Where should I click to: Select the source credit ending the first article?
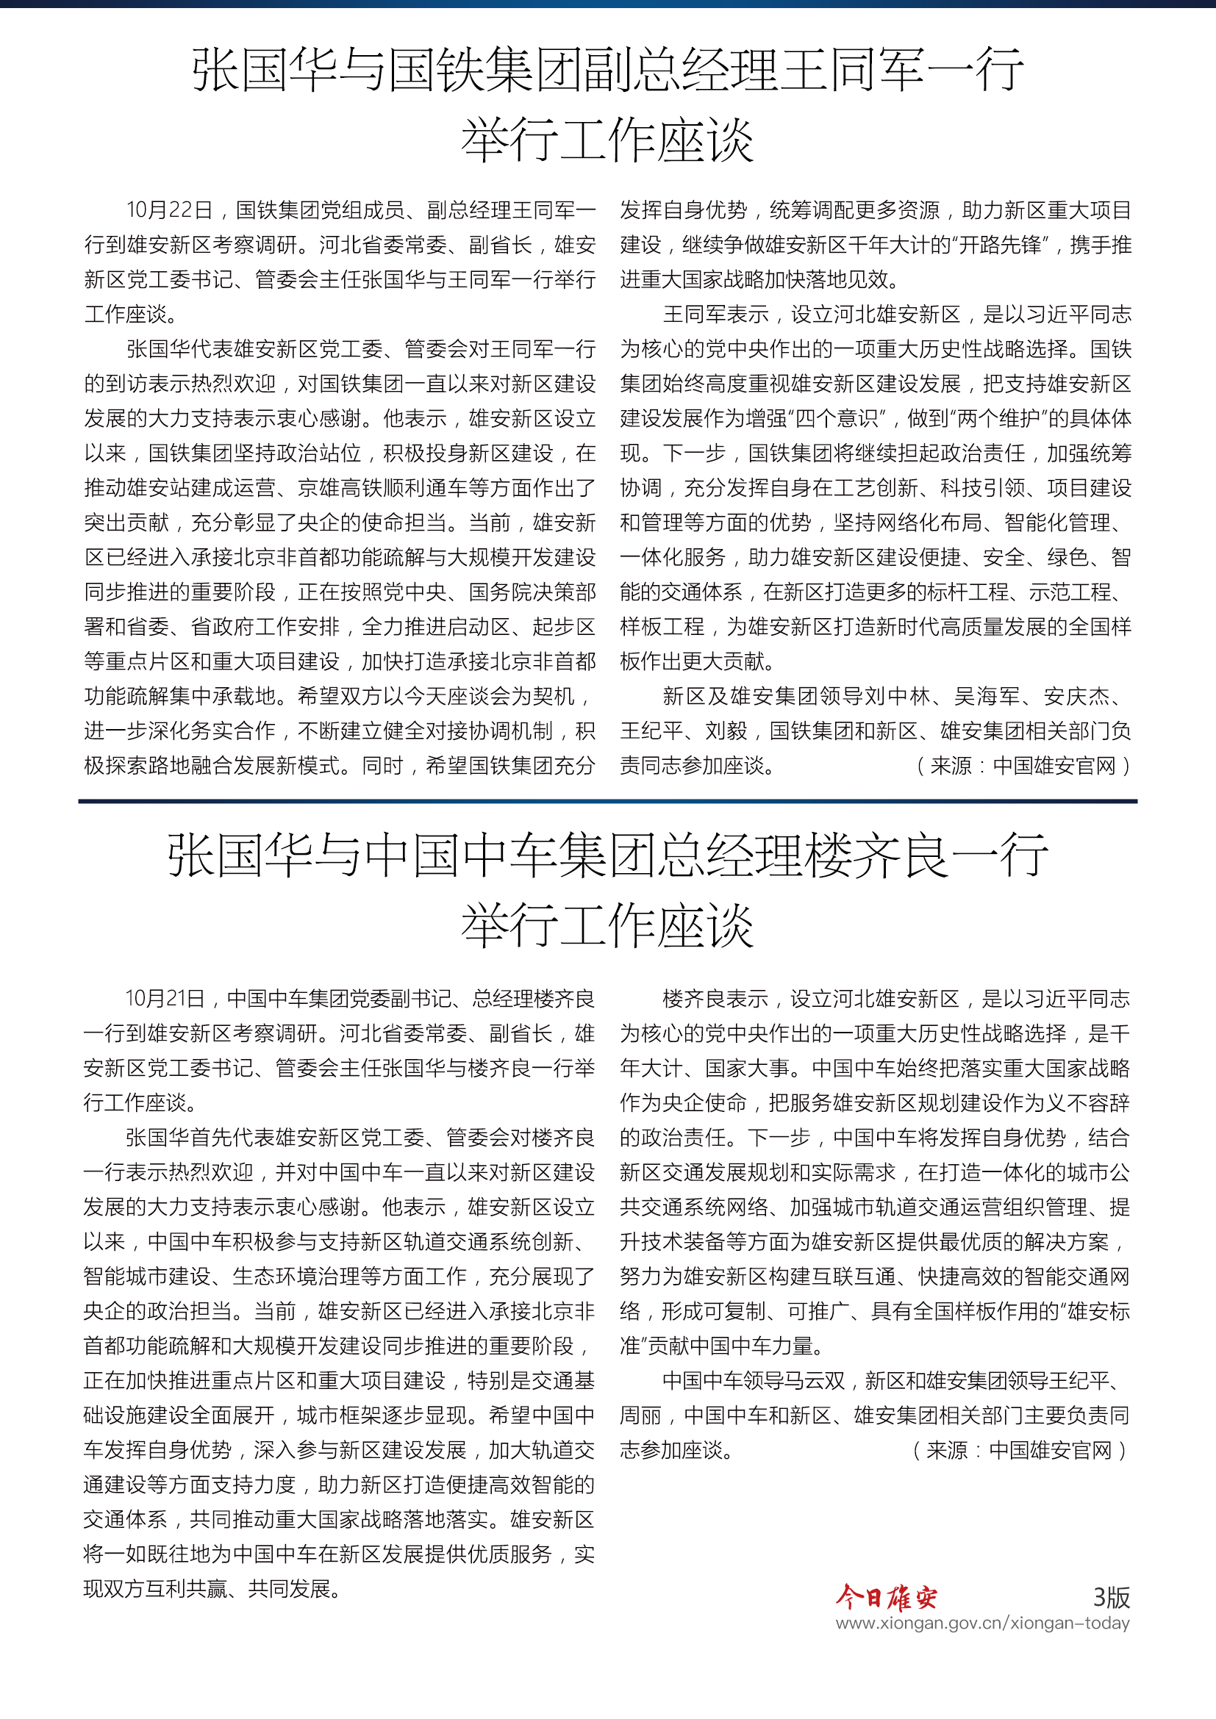click(x=1023, y=766)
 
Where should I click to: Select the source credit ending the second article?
click(x=1019, y=1451)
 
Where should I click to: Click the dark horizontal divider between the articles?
click(x=607, y=801)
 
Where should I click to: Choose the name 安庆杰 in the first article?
click(x=1076, y=697)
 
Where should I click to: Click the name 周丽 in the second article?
click(x=640, y=1415)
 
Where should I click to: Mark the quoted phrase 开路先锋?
click(x=999, y=245)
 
